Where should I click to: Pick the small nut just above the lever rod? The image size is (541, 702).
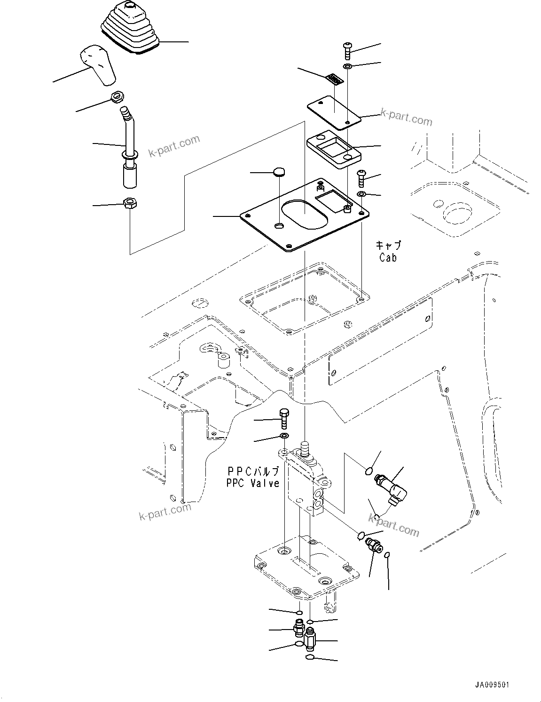(117, 97)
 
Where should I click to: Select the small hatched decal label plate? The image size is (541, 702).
(335, 79)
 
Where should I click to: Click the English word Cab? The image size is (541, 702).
(388, 258)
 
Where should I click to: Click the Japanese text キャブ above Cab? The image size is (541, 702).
(388, 246)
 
